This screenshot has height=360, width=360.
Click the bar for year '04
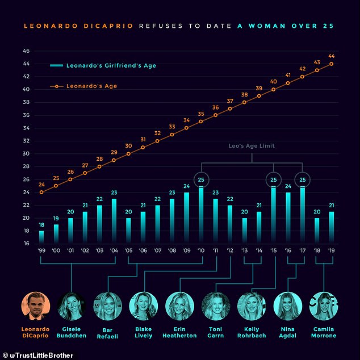[114, 221]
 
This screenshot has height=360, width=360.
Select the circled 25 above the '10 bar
[201, 180]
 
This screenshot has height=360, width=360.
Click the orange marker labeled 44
[331, 64]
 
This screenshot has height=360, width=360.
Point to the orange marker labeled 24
[41, 192]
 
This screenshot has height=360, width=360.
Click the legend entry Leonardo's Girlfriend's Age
[103, 66]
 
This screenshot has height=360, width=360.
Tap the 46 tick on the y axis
[26, 51]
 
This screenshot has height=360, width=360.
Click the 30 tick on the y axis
[26, 154]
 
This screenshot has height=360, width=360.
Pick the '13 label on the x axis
[244, 250]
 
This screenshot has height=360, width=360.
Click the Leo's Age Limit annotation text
[252, 146]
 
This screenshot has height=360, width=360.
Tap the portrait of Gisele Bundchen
[72, 307]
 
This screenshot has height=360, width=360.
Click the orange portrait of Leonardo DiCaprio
[35, 307]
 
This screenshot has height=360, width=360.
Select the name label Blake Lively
[144, 332]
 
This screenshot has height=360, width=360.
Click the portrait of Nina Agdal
[288, 307]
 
